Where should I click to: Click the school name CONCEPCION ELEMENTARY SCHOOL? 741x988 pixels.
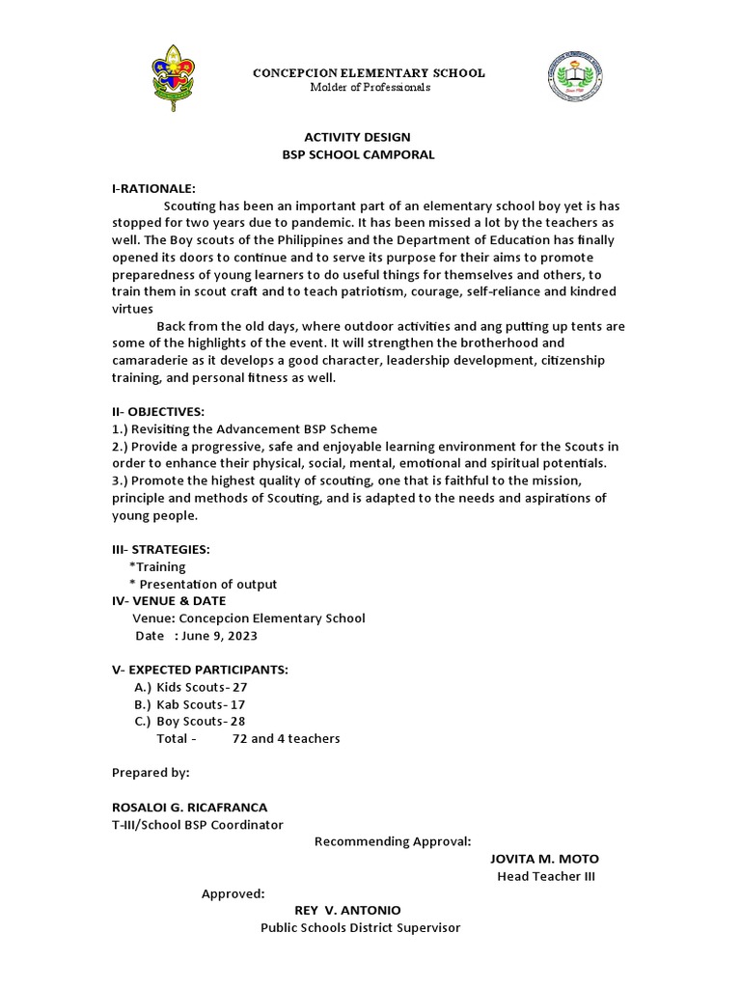click(369, 73)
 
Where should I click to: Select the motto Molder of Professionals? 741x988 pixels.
click(370, 88)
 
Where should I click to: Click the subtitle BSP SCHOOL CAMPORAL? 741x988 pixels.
click(357, 154)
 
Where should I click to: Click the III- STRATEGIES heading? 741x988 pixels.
click(161, 549)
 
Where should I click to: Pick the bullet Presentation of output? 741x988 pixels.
click(207, 584)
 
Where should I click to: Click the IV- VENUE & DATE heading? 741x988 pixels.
click(169, 600)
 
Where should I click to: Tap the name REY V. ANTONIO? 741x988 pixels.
click(347, 910)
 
